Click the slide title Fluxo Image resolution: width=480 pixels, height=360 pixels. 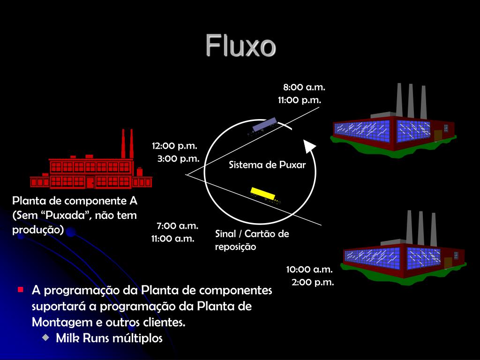coord(240,46)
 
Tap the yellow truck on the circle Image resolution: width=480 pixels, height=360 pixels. coord(265,195)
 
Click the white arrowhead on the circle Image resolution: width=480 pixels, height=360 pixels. coord(309,146)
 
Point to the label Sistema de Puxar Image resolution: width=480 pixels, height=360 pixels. coord(267,165)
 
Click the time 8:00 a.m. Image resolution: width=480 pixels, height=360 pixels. coord(304,87)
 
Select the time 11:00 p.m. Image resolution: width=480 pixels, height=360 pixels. coord(300,100)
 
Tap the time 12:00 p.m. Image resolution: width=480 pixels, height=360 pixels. coord(174,146)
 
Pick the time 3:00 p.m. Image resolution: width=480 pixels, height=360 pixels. coord(178,158)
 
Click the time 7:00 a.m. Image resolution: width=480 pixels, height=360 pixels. coord(178,226)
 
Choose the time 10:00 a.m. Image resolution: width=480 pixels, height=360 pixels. coord(309,270)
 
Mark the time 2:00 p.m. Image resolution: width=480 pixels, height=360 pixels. coord(313,282)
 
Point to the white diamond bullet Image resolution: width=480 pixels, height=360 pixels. coord(45,337)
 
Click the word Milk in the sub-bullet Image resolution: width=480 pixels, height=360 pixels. coord(67,338)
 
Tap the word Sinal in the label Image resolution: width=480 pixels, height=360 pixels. coord(226,234)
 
